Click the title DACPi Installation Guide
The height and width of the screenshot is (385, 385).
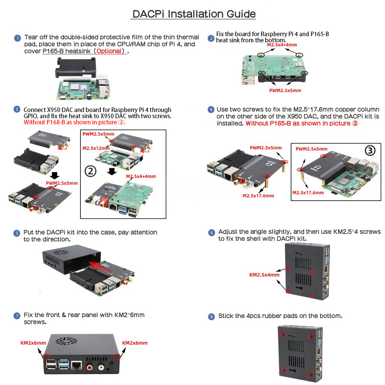click(x=194, y=14)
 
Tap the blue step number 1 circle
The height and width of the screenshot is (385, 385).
click(x=17, y=38)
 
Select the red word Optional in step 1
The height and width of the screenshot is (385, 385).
click(x=109, y=51)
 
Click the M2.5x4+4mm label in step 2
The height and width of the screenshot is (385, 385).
click(x=282, y=45)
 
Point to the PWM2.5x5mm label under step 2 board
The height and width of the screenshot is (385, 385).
click(x=285, y=90)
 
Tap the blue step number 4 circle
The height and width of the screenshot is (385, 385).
click(x=211, y=109)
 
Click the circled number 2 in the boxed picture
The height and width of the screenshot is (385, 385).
click(x=90, y=171)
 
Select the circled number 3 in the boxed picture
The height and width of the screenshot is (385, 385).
click(x=370, y=151)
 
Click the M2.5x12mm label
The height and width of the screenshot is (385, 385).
click(x=96, y=148)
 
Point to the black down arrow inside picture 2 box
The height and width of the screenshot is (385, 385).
click(x=112, y=171)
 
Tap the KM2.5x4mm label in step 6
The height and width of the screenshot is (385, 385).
click(x=264, y=275)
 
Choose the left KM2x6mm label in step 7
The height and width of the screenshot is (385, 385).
click(x=33, y=343)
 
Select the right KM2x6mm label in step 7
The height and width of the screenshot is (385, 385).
click(x=135, y=343)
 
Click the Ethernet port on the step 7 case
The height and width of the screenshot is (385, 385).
click(x=76, y=365)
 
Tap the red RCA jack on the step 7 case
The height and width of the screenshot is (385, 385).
click(x=90, y=367)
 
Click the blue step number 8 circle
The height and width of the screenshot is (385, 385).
click(x=211, y=317)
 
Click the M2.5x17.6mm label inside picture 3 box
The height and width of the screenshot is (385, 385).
click(x=308, y=193)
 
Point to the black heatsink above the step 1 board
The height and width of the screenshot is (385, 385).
click(x=75, y=67)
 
